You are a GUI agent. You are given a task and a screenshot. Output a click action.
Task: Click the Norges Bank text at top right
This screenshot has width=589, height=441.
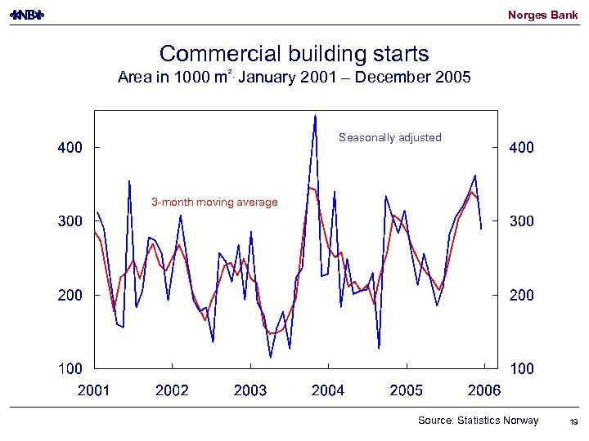(x=542, y=15)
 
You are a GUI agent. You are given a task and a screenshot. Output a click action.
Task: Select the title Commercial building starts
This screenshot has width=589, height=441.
(x=294, y=54)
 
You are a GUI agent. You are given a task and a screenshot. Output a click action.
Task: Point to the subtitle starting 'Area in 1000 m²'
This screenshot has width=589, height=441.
(x=294, y=78)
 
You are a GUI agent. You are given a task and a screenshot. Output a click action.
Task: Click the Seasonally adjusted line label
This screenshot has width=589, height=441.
(x=389, y=138)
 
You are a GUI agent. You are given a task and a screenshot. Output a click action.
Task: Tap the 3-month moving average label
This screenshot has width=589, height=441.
(x=214, y=202)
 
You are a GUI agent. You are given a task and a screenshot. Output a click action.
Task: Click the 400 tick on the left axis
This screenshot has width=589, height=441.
(x=70, y=148)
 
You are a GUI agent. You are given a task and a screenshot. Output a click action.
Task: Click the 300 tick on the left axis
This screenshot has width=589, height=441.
(x=70, y=221)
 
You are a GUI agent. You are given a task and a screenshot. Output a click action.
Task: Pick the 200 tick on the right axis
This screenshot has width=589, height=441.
(x=522, y=295)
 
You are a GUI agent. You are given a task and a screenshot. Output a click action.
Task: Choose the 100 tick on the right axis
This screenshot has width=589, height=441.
(x=522, y=369)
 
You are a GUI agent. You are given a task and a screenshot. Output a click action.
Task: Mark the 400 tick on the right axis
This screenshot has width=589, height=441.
(x=522, y=148)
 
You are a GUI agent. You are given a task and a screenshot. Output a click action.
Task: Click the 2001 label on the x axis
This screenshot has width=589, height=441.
(x=93, y=390)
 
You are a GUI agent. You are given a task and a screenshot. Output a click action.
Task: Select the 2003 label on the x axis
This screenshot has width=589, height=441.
(x=250, y=390)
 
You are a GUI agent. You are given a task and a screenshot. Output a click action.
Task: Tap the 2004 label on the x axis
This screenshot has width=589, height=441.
(x=328, y=390)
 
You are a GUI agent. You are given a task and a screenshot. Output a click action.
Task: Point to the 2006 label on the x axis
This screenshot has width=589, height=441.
(x=484, y=390)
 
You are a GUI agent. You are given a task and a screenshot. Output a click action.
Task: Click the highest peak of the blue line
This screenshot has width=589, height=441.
(x=315, y=116)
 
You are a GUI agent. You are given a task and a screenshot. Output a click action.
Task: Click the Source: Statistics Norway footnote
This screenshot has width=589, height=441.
(x=478, y=421)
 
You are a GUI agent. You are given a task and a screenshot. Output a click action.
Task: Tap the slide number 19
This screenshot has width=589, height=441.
(x=573, y=421)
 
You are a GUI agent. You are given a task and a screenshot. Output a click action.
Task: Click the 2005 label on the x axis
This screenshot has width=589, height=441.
(x=407, y=390)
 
